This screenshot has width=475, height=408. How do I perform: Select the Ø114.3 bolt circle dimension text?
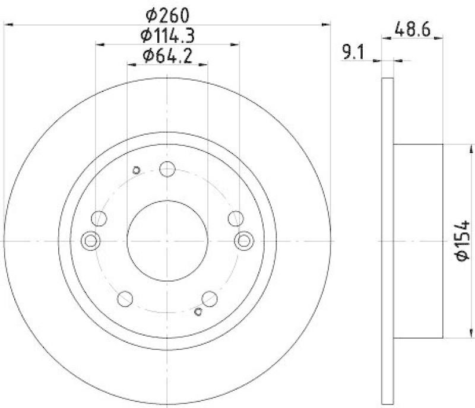click(x=169, y=35)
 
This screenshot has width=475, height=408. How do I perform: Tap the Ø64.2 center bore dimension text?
click(x=168, y=57)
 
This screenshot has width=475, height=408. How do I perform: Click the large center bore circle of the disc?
click(x=167, y=240)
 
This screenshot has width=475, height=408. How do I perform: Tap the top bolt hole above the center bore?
click(x=167, y=169)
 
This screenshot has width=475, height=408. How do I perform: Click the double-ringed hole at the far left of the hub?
click(x=91, y=240)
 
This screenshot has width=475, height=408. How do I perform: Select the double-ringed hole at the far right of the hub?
click(x=244, y=240)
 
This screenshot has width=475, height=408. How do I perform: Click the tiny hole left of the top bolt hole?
click(x=137, y=171)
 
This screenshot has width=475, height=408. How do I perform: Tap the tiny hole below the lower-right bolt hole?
click(x=199, y=311)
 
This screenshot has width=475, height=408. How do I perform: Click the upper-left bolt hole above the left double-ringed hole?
click(x=100, y=218)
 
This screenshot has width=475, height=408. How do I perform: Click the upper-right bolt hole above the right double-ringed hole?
click(x=235, y=218)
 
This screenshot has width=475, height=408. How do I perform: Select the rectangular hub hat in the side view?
click(x=419, y=240)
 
